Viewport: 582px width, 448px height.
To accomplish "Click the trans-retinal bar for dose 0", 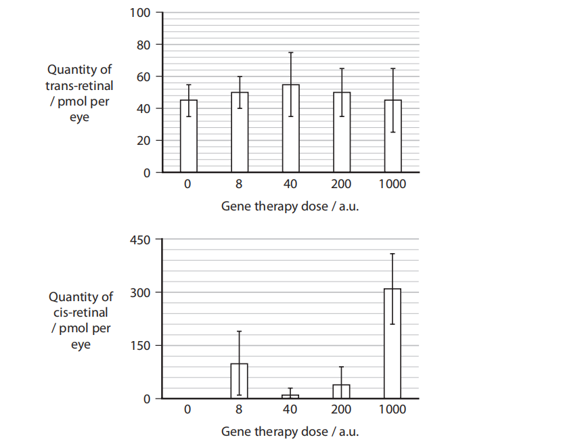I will click(189, 136).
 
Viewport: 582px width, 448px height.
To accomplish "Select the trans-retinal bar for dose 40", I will click(291, 129).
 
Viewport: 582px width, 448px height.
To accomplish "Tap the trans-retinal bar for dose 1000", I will click(393, 136).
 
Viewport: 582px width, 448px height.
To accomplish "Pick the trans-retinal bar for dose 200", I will click(342, 132).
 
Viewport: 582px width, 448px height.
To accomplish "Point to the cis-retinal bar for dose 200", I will click(342, 391).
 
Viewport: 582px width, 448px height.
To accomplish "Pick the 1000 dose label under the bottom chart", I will click(393, 409).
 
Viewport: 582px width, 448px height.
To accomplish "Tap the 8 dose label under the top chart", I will click(240, 183).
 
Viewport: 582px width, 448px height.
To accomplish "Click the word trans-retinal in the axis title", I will click(79, 86).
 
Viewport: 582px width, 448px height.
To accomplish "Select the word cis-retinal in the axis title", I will click(79, 313).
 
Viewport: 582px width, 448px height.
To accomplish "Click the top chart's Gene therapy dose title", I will click(290, 206).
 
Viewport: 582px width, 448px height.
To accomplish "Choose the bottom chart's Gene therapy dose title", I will click(290, 431).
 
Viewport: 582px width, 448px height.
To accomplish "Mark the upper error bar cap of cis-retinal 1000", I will click(393, 254).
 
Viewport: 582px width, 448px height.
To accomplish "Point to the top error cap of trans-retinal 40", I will click(291, 53).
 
